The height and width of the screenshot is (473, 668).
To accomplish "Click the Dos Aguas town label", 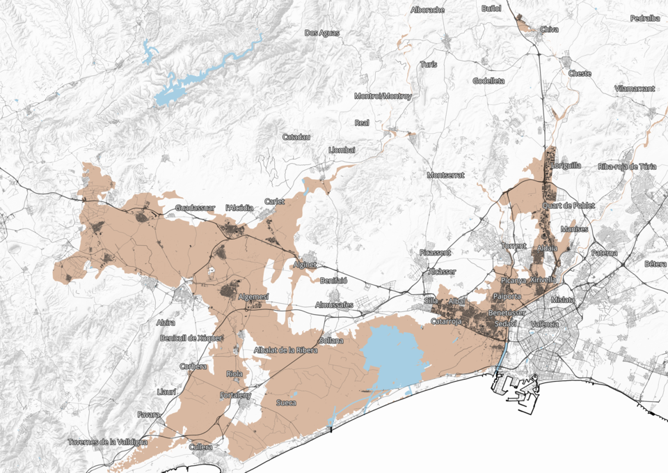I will pyautogui.click(x=322, y=33).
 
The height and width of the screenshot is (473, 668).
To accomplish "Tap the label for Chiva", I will pyautogui.click(x=549, y=29).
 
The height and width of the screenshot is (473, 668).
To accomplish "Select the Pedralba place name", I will pyautogui.click(x=644, y=18).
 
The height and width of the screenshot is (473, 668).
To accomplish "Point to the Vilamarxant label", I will pyautogui.click(x=635, y=89).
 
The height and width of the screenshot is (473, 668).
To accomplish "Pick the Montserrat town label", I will pyautogui.click(x=445, y=175).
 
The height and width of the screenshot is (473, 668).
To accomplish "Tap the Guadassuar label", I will pyautogui.click(x=197, y=208).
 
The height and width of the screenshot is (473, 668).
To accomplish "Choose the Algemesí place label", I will pyautogui.click(x=253, y=297).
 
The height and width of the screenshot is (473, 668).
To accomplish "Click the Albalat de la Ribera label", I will pyautogui.click(x=286, y=350).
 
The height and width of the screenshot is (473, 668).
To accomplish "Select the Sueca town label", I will pyautogui.click(x=286, y=403).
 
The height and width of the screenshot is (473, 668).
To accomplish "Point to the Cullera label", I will pyautogui.click(x=201, y=447).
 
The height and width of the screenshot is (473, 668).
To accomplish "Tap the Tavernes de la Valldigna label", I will pyautogui.click(x=108, y=442).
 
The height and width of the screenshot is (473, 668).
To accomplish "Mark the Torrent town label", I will pyautogui.click(x=514, y=246).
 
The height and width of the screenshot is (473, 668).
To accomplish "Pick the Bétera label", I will pyautogui.click(x=655, y=264).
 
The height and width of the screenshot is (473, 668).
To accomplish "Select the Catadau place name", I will pyautogui.click(x=296, y=137).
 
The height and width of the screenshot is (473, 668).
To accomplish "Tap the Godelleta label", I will pyautogui.click(x=488, y=81).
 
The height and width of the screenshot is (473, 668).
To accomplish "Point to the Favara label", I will pyautogui.click(x=148, y=414).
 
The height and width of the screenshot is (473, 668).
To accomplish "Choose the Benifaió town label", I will pyautogui.click(x=333, y=280).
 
